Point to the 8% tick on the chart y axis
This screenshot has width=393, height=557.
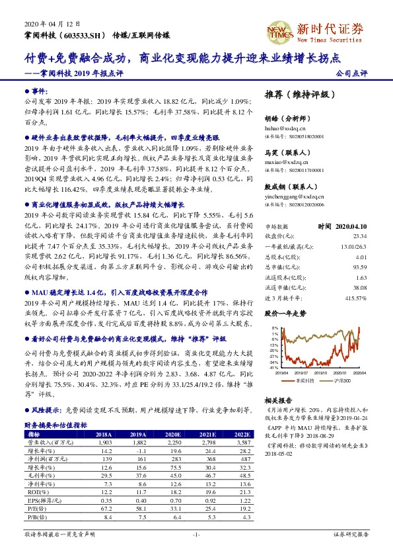(272, 327)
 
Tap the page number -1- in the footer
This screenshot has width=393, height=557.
(196, 533)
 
